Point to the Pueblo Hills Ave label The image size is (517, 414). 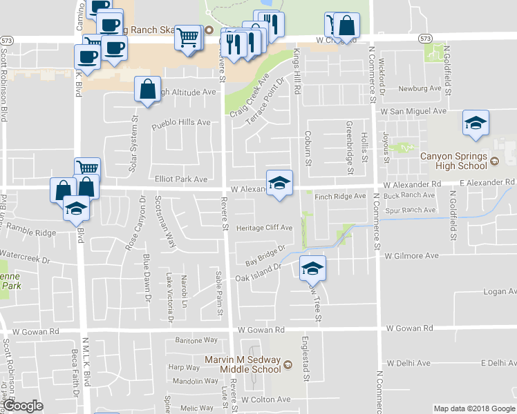[181, 122]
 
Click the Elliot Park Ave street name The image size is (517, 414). [181, 179]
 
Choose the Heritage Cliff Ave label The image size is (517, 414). [265, 227]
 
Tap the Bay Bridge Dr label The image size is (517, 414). [265, 257]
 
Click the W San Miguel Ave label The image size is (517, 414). [411, 110]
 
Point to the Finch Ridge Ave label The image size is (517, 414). [340, 197]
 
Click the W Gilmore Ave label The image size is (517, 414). [412, 255]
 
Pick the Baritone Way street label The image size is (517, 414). [196, 340]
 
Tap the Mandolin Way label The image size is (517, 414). [196, 381]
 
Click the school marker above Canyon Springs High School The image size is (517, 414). [476, 123]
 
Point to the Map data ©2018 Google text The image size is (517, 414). [473, 408]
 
